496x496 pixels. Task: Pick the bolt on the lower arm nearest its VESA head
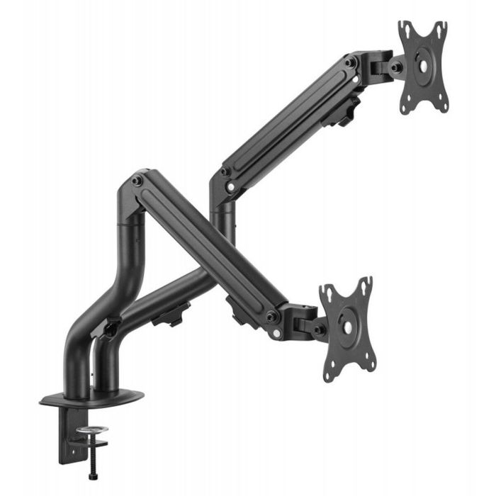[272, 315]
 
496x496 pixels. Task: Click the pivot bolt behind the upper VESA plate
[397, 67]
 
